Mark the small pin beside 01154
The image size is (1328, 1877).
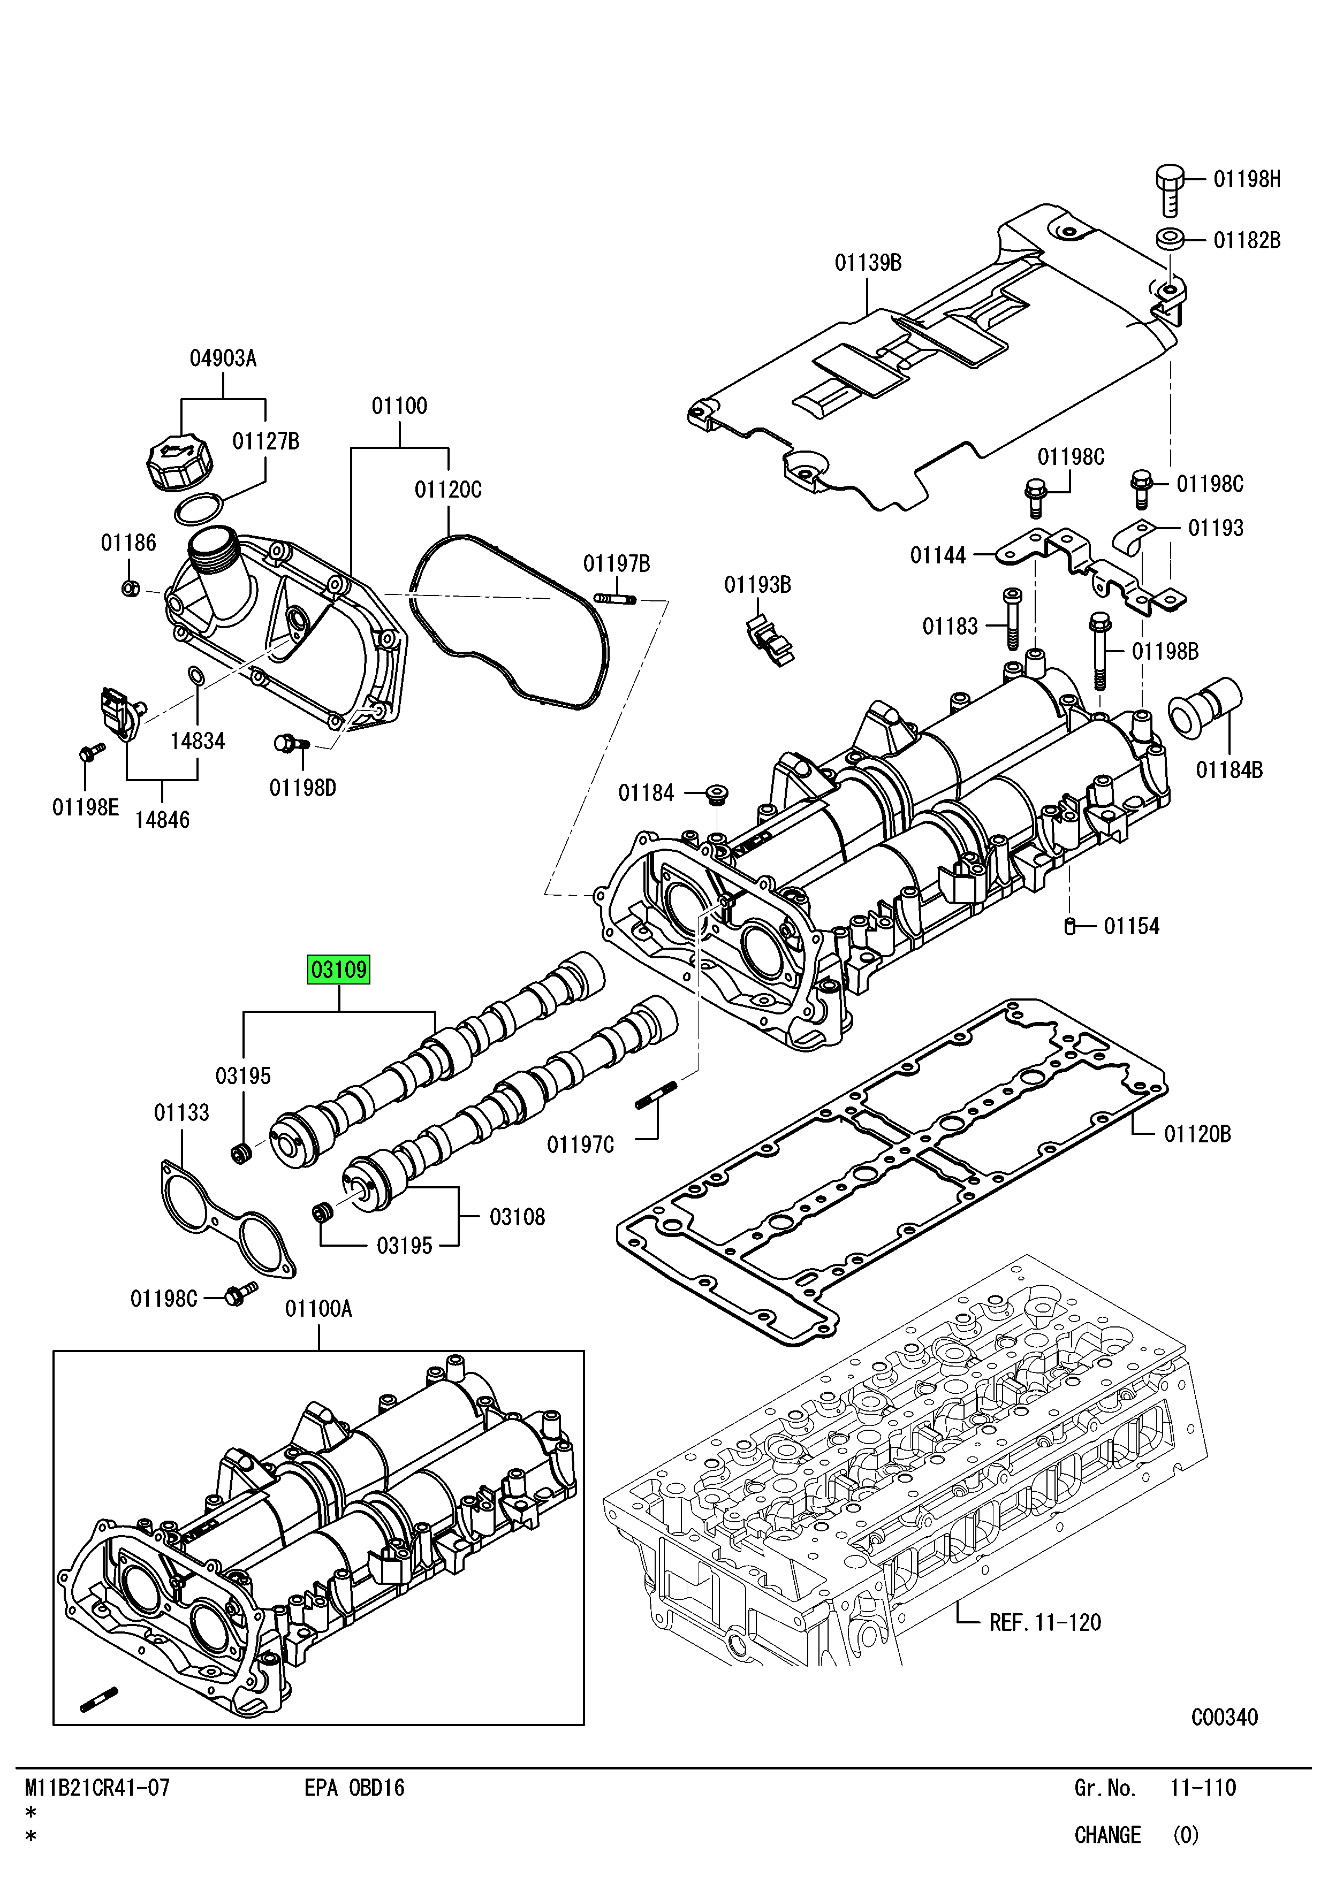click(x=1069, y=926)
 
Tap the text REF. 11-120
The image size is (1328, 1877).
click(x=1045, y=1623)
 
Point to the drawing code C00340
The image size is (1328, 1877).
click(x=1224, y=1718)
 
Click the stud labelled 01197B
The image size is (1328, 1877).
click(x=616, y=599)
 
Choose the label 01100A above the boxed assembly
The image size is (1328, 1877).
click(x=318, y=1309)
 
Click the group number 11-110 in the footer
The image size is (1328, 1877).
click(x=1202, y=1788)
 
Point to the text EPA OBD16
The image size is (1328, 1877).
click(x=354, y=1788)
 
